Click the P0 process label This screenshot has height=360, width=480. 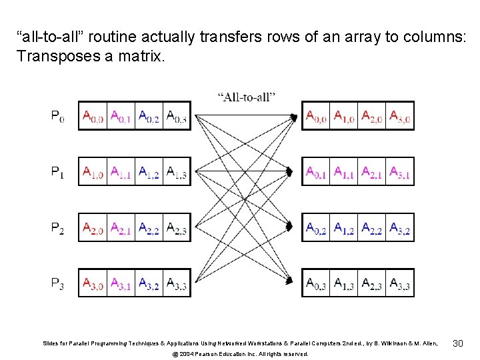coord(58,117)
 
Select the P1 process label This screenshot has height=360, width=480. coord(58,173)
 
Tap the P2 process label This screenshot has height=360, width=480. coord(58,229)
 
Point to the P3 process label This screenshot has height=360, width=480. coord(58,285)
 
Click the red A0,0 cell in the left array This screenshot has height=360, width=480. coord(93,117)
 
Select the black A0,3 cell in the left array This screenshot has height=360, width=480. coord(176,117)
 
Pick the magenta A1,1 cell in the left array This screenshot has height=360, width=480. coord(121,173)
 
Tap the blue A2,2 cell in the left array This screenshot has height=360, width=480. coord(149,229)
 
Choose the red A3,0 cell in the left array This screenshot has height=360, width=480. coord(93,285)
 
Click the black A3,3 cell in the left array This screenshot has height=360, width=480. coord(176,285)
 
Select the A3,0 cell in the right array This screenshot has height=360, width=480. coord(400,117)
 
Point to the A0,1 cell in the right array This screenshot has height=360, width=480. coord(317,173)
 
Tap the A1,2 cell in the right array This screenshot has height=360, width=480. coord(345,229)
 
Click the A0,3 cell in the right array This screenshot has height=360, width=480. coord(317,285)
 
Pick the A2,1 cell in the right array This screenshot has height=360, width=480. coord(372,173)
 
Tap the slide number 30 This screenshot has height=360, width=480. coord(457,343)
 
